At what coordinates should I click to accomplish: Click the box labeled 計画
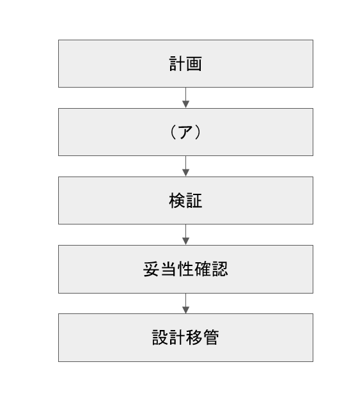tap(185, 63)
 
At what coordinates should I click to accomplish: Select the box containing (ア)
tap(185, 132)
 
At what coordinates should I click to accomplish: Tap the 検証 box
tap(185, 201)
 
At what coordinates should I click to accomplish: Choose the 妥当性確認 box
tap(185, 269)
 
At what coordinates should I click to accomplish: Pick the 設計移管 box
tap(185, 338)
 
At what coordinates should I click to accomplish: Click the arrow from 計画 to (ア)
tap(185, 98)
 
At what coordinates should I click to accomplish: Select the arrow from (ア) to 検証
tap(185, 166)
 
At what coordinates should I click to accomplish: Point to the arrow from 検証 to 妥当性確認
tap(185, 235)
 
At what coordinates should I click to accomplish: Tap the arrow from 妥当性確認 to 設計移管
tap(185, 303)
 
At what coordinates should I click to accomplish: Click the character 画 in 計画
tap(194, 64)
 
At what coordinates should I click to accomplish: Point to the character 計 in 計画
tap(177, 64)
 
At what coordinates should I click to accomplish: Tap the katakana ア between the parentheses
tap(185, 132)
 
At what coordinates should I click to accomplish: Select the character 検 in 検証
tap(177, 201)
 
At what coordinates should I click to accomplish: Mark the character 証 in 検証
tap(194, 201)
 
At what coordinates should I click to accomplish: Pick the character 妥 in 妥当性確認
tap(151, 269)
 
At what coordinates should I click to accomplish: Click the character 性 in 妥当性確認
tap(185, 269)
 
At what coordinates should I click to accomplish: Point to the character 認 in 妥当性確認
tap(219, 269)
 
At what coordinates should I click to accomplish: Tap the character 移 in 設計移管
tap(194, 338)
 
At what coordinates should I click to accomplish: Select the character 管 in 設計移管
tap(211, 338)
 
